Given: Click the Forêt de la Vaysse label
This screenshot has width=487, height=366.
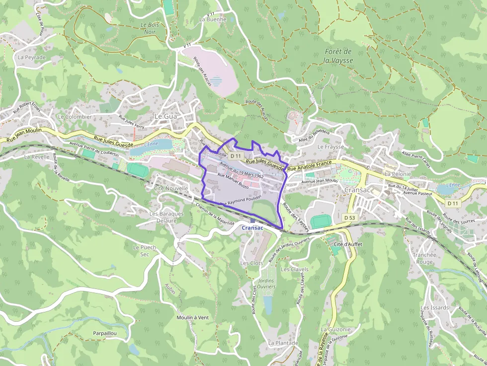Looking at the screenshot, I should pos(338,56).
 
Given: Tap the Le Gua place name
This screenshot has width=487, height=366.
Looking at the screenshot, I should pos(166,116).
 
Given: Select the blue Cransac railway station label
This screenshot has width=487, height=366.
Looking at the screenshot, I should pos(252,227).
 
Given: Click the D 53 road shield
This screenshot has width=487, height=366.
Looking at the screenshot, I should pos(350,218).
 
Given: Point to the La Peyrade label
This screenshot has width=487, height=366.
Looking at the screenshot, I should pos(31,57).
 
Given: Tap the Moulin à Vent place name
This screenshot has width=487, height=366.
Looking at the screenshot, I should pos(192,317).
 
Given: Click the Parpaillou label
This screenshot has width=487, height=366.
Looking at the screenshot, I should pos(104,333).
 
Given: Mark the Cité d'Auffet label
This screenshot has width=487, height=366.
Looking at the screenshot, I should pos(348,245).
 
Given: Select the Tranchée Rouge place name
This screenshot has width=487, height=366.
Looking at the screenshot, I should pos(423,258).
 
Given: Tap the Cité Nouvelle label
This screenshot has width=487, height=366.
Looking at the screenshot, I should pos(171,188).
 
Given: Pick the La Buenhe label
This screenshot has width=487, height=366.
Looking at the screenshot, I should pos(212,19).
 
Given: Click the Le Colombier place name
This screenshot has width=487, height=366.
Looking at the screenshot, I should pos(75,117).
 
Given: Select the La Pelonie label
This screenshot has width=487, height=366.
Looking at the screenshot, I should pos(398,174).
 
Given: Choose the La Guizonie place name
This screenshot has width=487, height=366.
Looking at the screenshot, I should pos(336,329).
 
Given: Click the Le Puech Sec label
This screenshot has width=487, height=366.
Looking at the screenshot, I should pos(145,250).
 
